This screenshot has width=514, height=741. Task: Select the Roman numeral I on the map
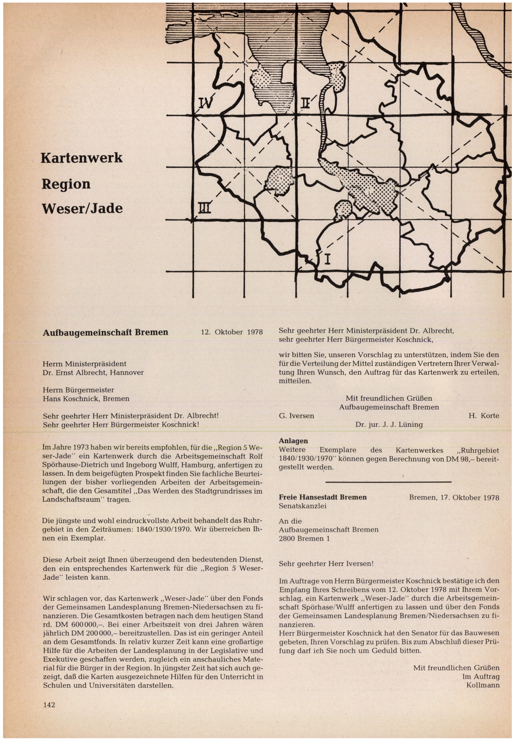327,259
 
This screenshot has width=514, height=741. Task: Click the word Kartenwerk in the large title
82,158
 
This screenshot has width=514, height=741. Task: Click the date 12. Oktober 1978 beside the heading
232,332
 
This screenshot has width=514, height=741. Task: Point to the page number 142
49,705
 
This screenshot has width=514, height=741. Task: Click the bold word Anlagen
293,441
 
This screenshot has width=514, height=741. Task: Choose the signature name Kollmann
483,685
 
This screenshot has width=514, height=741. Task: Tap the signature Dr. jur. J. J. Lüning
389,424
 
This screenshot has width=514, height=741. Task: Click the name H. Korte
484,416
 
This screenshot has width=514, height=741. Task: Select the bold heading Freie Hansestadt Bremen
323,497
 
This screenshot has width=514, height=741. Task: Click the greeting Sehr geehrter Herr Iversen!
326,564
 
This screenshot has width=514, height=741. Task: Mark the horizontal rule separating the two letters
388,482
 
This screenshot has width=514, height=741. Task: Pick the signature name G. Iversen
296,416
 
